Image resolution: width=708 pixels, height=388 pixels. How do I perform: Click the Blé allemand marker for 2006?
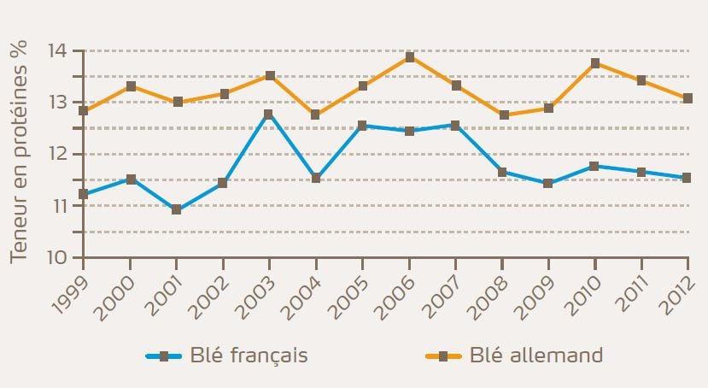409,57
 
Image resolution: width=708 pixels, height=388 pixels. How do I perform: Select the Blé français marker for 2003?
269,114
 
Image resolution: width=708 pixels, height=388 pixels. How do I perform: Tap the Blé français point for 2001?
177,209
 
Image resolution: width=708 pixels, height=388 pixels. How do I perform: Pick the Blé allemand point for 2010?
595,63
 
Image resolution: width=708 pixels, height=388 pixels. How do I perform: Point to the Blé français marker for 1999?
84,194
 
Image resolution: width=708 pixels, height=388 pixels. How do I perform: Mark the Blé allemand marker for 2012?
688,98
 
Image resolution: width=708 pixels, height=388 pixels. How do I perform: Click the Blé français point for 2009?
548,183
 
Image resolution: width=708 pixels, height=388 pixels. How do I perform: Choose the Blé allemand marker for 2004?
316,115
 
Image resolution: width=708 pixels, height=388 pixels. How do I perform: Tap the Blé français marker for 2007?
455,125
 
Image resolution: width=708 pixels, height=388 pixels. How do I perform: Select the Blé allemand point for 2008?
502,115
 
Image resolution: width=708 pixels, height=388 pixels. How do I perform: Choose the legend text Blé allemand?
536,355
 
